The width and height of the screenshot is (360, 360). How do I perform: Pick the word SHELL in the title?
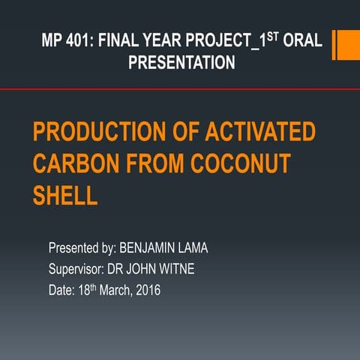point(65,196)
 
